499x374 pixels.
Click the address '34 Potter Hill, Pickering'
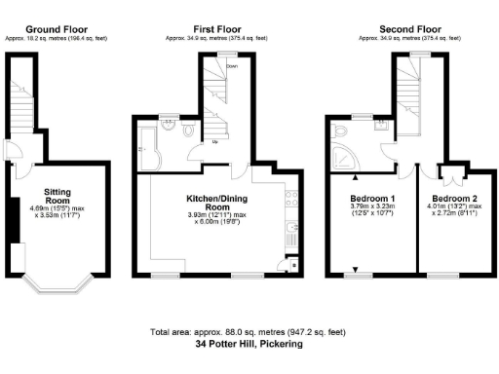[249, 345]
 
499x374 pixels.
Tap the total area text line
[249, 332]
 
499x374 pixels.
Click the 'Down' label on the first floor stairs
[232, 67]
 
